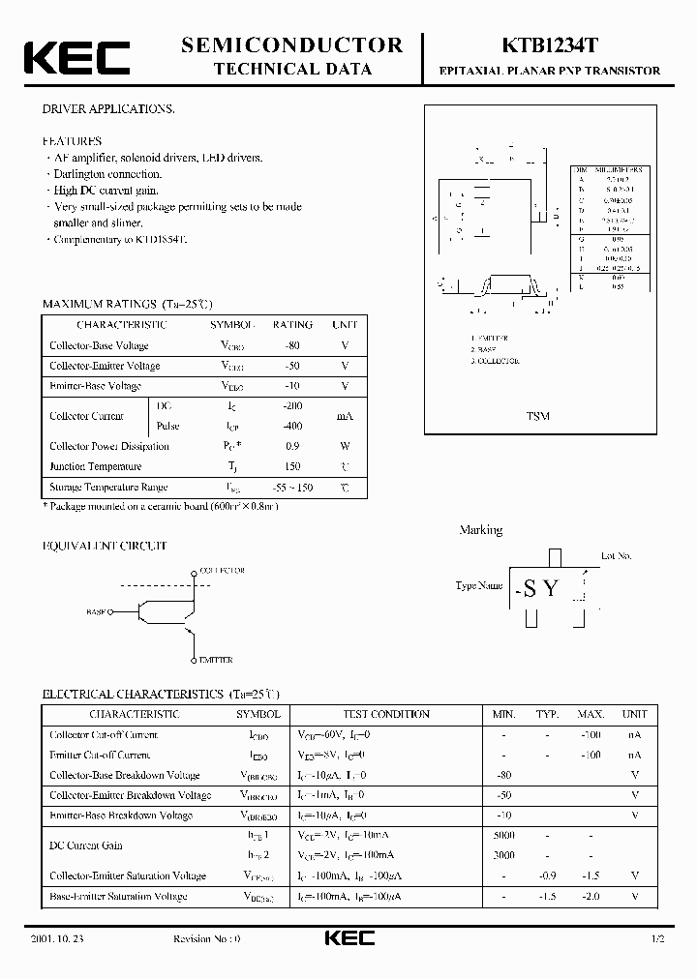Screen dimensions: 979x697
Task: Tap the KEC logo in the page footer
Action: click(348, 939)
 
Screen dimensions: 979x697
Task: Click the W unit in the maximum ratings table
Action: click(345, 446)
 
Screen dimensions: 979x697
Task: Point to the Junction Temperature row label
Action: click(96, 466)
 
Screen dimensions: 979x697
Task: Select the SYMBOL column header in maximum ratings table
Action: click(233, 325)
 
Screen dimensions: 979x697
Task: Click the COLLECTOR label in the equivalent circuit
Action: click(223, 571)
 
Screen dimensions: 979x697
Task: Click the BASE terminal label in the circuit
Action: click(97, 612)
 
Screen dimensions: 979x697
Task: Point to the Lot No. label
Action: click(616, 556)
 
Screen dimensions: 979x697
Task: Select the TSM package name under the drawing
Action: click(538, 416)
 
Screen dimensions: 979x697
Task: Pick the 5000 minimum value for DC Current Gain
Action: click(503, 835)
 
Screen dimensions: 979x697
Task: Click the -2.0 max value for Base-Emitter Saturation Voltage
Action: click(591, 896)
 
